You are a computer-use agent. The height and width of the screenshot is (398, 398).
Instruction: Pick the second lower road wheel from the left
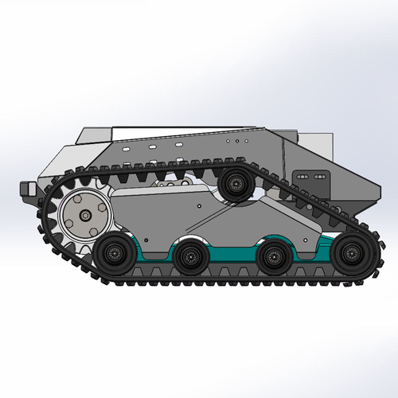189,256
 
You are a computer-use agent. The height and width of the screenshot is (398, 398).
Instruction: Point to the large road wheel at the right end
347,253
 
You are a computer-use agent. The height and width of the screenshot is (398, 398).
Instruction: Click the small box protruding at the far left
25,189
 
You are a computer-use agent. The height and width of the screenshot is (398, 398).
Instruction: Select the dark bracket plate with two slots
305,179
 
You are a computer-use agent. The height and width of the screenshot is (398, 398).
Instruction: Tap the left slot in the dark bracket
300,176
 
